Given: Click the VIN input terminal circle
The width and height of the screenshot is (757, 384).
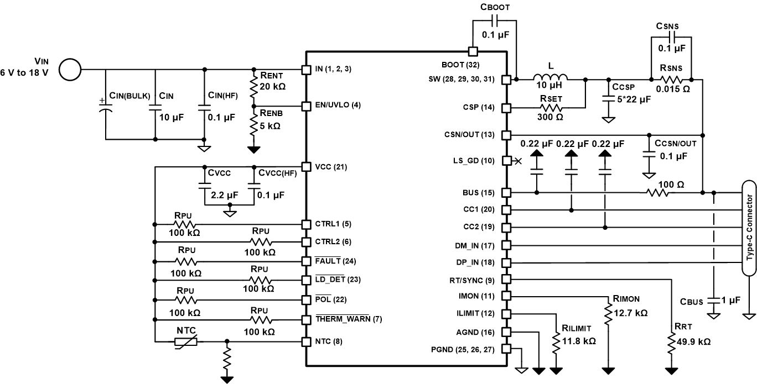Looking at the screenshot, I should pos(70,70).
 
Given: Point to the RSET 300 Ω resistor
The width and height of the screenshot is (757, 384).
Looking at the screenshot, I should pos(553,107).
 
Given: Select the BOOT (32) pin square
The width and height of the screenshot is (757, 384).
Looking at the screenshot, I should pos(473,51).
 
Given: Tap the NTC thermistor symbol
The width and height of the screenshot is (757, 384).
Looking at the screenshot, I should pos(185,342).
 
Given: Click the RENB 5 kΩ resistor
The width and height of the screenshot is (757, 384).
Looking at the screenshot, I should pos(254,125).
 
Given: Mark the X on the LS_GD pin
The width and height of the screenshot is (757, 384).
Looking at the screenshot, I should pos(518,161).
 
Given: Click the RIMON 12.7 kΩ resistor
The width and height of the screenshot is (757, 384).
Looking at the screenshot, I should pos(609,320).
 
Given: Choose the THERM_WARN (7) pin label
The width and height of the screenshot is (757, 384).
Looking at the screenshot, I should pos(348,319).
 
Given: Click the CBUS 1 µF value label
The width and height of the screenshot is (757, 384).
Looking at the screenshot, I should pos(732,301).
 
